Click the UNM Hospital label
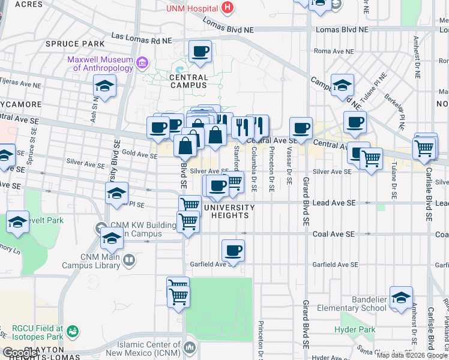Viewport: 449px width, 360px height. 192,8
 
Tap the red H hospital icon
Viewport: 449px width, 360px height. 227,8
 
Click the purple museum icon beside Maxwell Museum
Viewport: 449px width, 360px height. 142,62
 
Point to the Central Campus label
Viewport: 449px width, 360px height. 188,81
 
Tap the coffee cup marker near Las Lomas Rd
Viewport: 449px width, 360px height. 200,51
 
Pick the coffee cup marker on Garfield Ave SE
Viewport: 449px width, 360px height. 233,250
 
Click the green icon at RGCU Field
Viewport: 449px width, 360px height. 73,331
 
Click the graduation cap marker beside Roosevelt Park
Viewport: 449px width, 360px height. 18,222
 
